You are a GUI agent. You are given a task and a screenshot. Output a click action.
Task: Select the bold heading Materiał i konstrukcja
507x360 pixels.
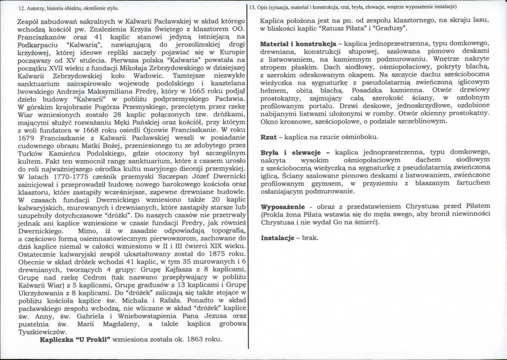298,44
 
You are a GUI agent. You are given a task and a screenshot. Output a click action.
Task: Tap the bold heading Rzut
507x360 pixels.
269,137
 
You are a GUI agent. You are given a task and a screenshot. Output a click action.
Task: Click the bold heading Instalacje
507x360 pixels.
277,238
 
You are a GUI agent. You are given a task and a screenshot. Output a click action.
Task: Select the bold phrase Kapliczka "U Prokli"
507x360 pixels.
75,340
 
